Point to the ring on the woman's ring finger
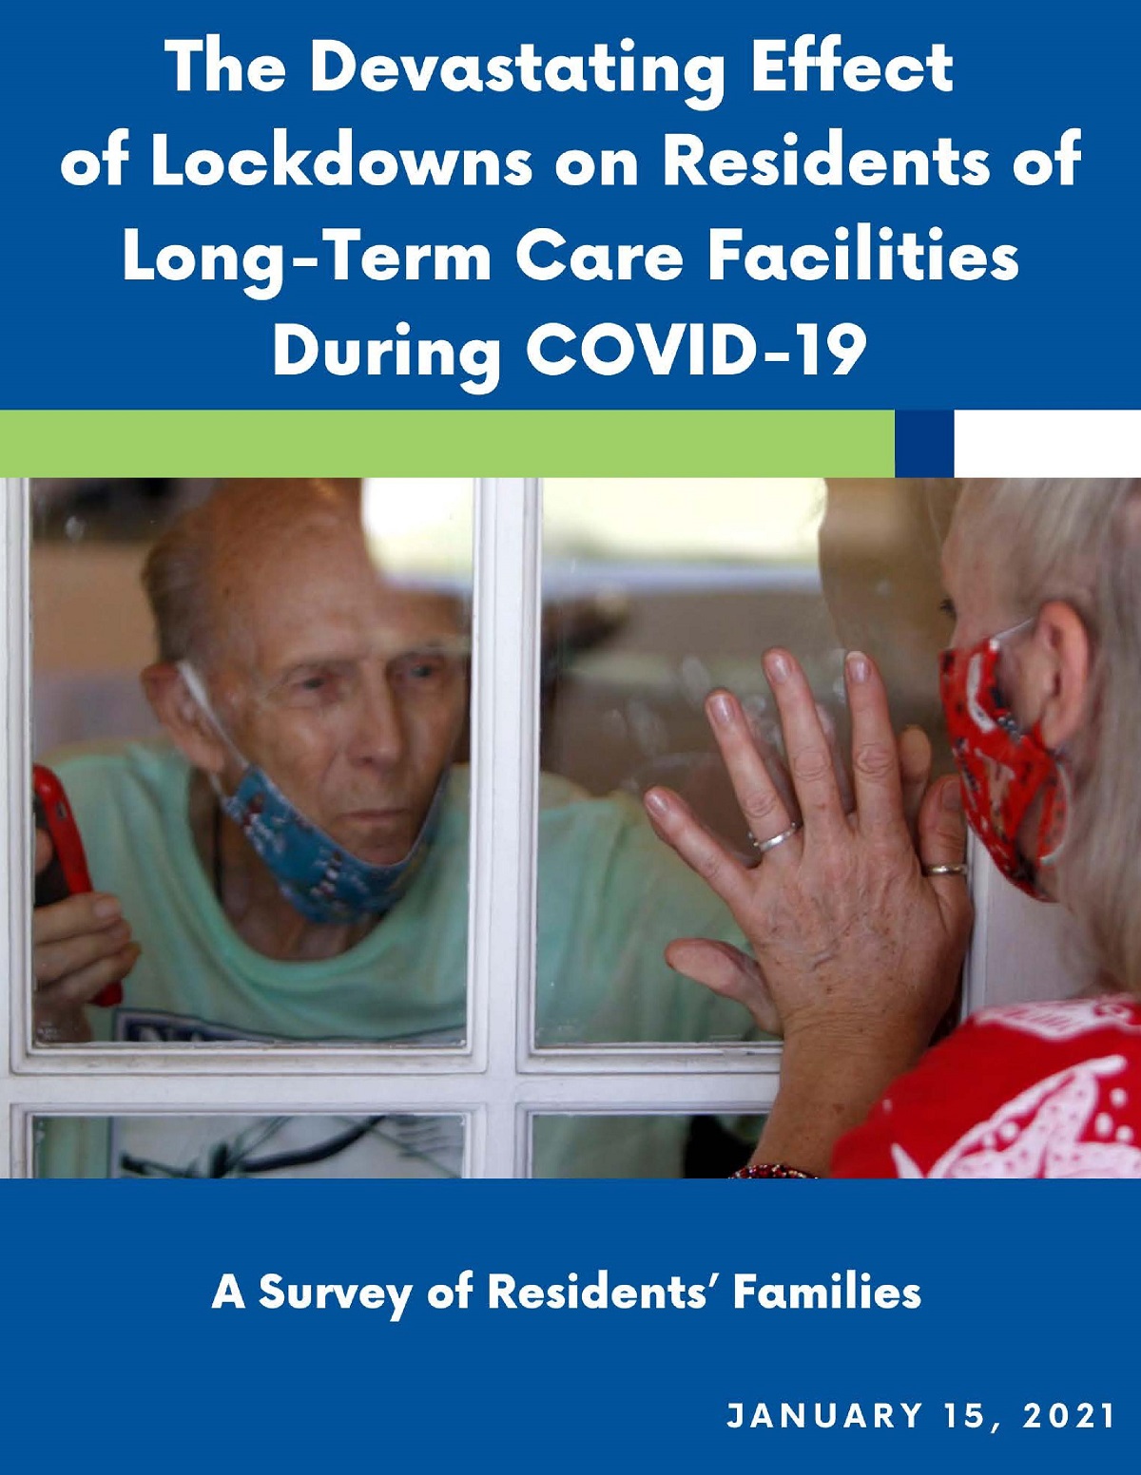[776, 837]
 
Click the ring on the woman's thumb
[948, 870]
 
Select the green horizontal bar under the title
[447, 444]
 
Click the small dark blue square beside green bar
[924, 444]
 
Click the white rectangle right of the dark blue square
[1047, 444]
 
